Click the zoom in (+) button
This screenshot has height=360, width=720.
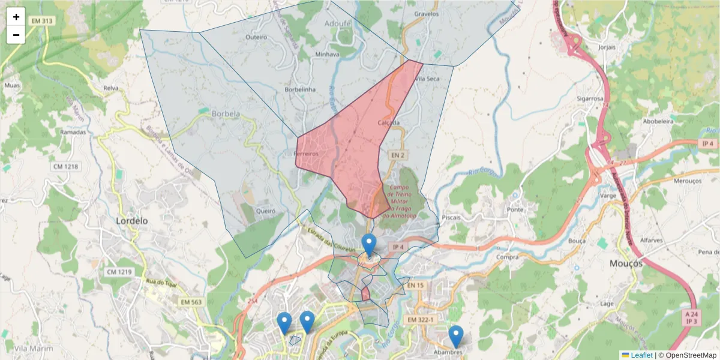pyautogui.click(x=16, y=17)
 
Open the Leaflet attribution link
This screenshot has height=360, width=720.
pyautogui.click(x=641, y=355)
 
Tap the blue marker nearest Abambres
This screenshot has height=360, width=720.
pyautogui.click(x=456, y=336)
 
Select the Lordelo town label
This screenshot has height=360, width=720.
pyautogui.click(x=131, y=221)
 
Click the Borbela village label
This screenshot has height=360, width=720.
pyautogui.click(x=226, y=113)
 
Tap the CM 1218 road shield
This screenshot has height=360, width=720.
pyautogui.click(x=67, y=166)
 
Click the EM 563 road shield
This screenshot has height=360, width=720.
pyautogui.click(x=191, y=302)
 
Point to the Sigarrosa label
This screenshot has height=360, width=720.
pyautogui.click(x=590, y=99)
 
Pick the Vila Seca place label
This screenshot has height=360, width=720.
pyautogui.click(x=428, y=79)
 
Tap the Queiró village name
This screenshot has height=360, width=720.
pyautogui.click(x=265, y=211)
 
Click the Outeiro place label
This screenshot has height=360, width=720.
pyautogui.click(x=256, y=37)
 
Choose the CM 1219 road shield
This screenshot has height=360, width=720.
pyautogui.click(x=119, y=272)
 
